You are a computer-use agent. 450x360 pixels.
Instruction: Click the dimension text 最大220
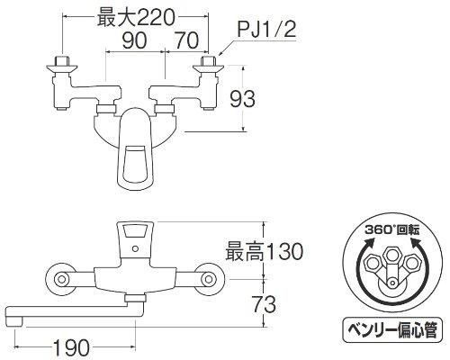(x=136, y=17)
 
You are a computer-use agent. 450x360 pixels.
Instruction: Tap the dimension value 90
(x=134, y=40)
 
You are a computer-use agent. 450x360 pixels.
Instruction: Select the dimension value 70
(x=186, y=40)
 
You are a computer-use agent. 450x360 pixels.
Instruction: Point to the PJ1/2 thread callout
(x=266, y=30)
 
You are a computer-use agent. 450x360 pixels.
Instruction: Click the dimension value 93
(x=242, y=99)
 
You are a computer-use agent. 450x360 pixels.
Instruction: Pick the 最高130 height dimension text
(x=264, y=251)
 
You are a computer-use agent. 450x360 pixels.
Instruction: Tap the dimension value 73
(x=264, y=304)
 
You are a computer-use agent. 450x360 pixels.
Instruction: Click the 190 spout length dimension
(x=71, y=348)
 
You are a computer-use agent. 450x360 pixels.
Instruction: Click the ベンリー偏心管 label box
(x=392, y=329)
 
